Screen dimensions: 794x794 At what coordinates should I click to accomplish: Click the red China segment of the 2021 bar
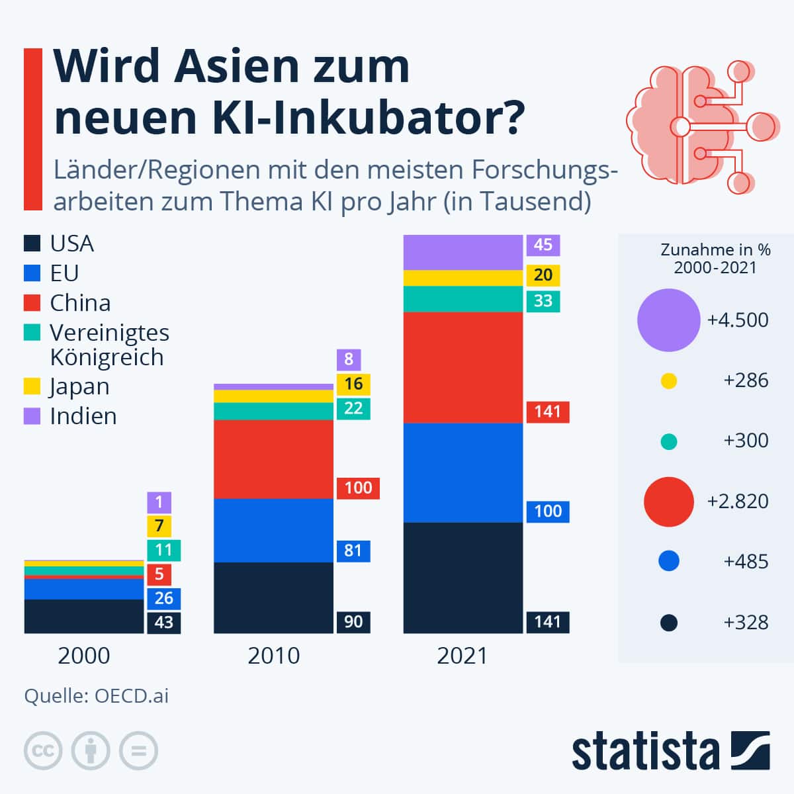[463, 367]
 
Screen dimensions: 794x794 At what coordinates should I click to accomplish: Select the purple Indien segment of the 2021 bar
[463, 252]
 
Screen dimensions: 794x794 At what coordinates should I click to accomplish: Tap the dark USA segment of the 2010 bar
[273, 597]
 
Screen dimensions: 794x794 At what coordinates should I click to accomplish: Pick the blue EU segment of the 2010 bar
[273, 530]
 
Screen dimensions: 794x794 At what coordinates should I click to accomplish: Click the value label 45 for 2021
[543, 245]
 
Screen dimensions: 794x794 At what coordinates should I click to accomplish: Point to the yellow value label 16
[353, 384]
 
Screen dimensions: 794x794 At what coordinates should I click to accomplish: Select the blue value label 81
[353, 551]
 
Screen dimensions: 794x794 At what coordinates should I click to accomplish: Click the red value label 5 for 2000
[159, 574]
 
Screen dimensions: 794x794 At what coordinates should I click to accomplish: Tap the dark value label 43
[163, 622]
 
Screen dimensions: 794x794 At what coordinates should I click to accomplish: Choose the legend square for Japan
[32, 386]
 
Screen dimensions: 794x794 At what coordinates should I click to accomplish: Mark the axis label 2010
[273, 656]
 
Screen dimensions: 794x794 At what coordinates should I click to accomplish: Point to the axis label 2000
[84, 656]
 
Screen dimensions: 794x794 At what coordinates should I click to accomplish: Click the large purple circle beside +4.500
[668, 320]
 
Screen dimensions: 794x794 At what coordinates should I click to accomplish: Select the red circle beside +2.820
[668, 502]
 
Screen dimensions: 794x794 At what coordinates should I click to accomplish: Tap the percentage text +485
[746, 562]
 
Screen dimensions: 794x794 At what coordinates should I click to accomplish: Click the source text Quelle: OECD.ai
[97, 696]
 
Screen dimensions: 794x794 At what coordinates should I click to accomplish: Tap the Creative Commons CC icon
[43, 750]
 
